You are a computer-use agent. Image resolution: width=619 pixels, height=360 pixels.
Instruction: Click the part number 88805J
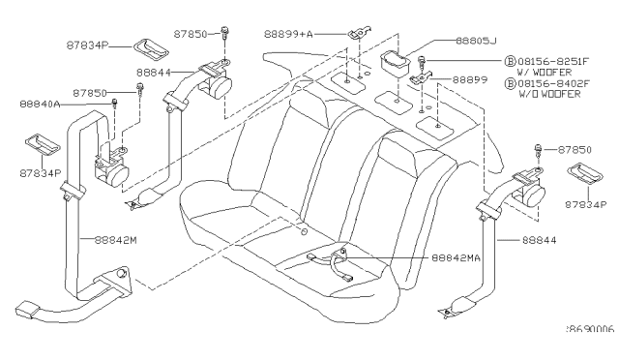click(x=476, y=41)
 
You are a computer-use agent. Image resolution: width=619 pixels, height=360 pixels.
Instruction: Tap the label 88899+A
click(x=288, y=35)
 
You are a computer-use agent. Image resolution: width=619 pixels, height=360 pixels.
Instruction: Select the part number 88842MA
click(x=456, y=258)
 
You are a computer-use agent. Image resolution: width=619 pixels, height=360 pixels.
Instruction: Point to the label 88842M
click(x=115, y=240)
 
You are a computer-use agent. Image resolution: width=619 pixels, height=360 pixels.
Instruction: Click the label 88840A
click(x=40, y=104)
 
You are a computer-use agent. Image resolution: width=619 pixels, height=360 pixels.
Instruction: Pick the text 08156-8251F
click(x=553, y=61)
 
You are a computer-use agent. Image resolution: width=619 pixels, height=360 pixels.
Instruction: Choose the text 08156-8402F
click(x=553, y=83)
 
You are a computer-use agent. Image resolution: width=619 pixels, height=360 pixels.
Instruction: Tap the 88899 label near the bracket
click(x=470, y=79)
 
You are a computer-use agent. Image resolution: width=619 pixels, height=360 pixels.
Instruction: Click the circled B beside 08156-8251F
click(x=510, y=61)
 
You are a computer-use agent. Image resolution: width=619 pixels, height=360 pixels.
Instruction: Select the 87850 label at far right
click(x=575, y=150)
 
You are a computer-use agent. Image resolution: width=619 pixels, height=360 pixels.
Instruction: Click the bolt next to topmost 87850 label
click(x=224, y=32)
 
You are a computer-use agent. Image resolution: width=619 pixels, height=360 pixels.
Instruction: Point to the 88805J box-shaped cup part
click(x=395, y=63)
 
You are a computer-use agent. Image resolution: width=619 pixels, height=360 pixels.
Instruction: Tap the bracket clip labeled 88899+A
click(x=360, y=33)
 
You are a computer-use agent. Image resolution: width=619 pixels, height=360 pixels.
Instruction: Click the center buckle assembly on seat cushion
click(x=332, y=263)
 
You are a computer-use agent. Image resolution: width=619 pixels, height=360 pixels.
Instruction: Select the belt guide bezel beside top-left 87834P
click(x=151, y=49)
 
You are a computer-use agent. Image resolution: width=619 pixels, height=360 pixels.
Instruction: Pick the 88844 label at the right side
click(x=540, y=240)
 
